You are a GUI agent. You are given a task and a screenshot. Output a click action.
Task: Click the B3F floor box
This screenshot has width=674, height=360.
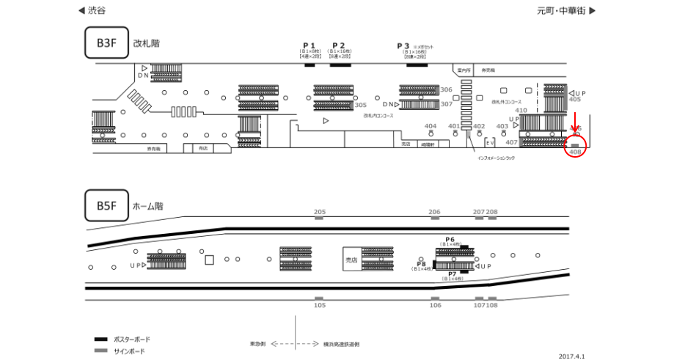click(x=106, y=43)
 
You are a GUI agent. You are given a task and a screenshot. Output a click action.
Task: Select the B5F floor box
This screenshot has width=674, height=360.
click(x=106, y=206)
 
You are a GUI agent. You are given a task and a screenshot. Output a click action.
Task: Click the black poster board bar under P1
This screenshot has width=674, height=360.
click(x=309, y=65)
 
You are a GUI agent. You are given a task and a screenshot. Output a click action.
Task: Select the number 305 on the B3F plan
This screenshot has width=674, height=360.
click(x=360, y=105)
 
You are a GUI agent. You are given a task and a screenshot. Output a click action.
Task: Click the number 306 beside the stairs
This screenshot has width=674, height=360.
click(x=446, y=89)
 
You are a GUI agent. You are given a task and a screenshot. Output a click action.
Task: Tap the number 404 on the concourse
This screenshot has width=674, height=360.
click(x=431, y=126)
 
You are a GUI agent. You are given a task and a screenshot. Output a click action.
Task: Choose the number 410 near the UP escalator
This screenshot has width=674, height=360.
click(x=521, y=110)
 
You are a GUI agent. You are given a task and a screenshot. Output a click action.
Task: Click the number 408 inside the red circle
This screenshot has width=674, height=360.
click(x=575, y=152)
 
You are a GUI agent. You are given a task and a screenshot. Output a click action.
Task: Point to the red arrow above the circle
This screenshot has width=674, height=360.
click(x=575, y=120)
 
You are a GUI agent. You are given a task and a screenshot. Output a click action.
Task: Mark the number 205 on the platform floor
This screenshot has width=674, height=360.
click(x=319, y=212)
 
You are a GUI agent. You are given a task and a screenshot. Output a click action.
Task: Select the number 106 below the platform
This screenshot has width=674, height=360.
click(x=435, y=305)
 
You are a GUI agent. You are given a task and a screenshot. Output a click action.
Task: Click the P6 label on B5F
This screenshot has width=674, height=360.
click(x=450, y=239)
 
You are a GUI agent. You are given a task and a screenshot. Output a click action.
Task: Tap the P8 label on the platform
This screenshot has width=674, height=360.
click(x=421, y=264)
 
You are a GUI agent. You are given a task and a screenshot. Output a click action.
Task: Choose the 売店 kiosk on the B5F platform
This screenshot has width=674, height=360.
click(x=351, y=260)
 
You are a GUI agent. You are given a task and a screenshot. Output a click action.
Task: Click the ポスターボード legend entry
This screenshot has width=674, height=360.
click(x=131, y=339)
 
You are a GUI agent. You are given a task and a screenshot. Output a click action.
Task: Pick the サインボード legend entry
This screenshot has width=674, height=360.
click(x=129, y=351)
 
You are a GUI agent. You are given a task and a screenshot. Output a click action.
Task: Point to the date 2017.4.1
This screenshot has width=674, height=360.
click(x=571, y=356)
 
